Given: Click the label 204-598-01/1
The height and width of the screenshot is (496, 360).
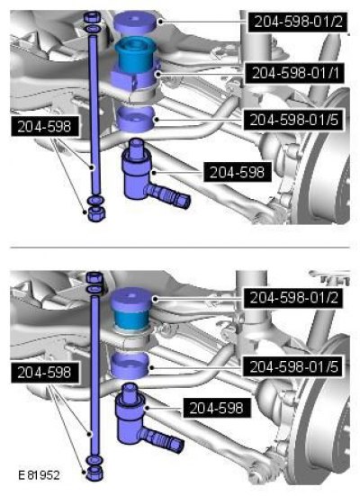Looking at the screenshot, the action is pyautogui.click(x=295, y=73).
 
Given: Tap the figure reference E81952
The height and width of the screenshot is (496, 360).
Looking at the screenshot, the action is pyautogui.click(x=39, y=475).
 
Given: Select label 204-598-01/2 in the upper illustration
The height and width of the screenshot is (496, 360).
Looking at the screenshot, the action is pyautogui.click(x=298, y=22).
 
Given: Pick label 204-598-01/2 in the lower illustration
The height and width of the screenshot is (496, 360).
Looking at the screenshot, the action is pyautogui.click(x=293, y=298).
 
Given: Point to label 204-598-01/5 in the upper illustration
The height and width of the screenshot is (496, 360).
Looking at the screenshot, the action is pyautogui.click(x=293, y=120).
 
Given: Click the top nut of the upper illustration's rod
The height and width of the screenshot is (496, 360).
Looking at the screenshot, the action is pyautogui.click(x=92, y=17).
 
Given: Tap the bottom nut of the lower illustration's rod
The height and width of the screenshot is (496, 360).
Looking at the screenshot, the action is pyautogui.click(x=94, y=473).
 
